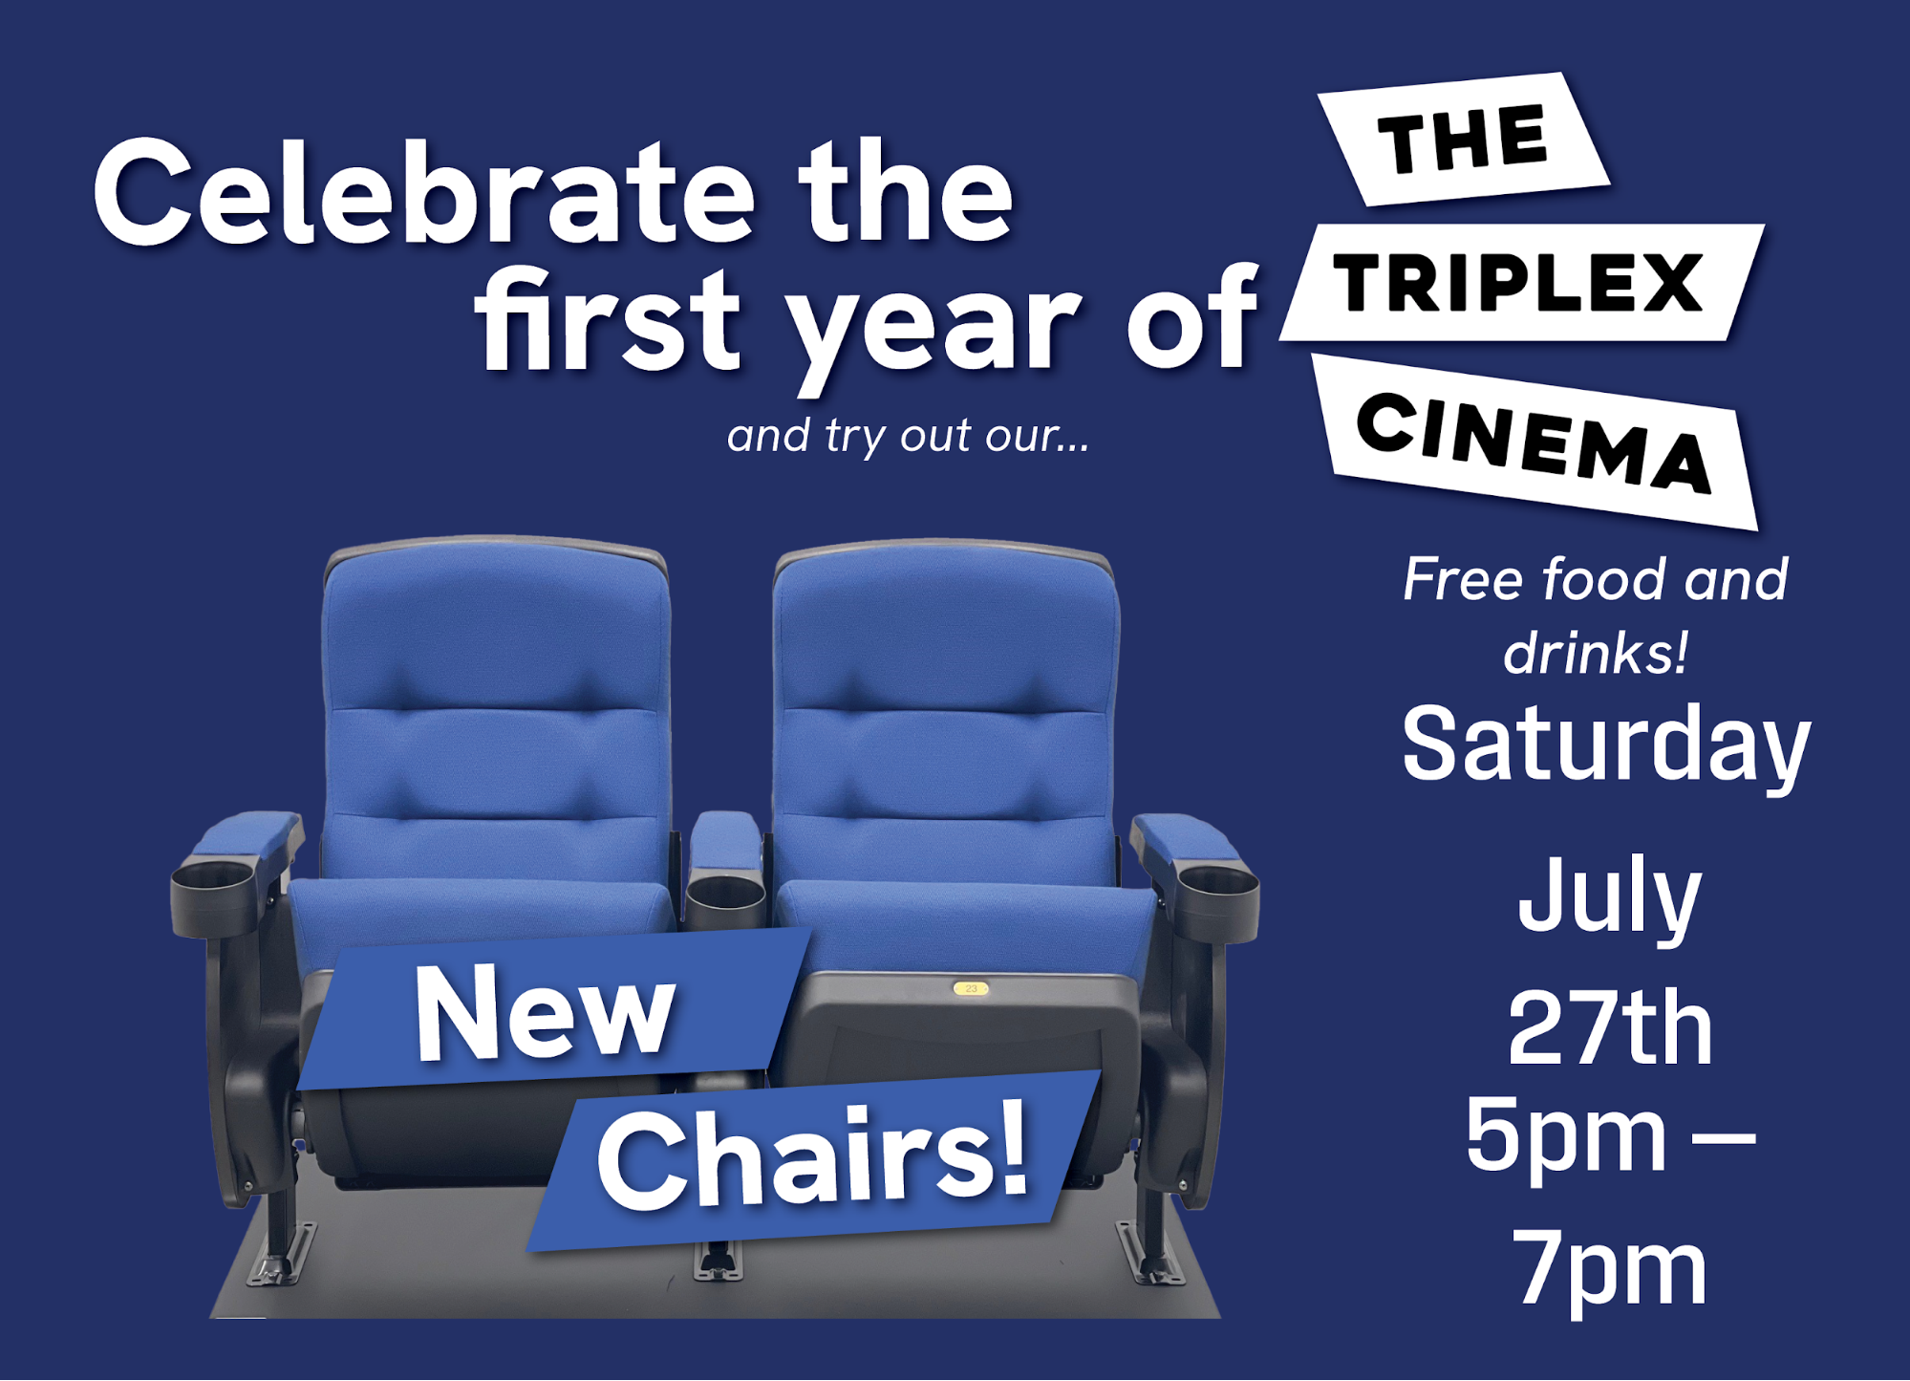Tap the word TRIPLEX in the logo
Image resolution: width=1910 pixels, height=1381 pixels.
click(x=1519, y=283)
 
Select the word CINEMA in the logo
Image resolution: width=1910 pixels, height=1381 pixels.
click(x=1534, y=442)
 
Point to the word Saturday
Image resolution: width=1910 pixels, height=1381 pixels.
click(x=1606, y=745)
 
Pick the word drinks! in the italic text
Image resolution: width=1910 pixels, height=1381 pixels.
click(x=1596, y=654)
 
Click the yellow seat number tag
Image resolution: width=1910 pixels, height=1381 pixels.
click(x=971, y=988)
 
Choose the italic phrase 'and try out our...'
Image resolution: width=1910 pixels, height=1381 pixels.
click(x=908, y=437)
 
